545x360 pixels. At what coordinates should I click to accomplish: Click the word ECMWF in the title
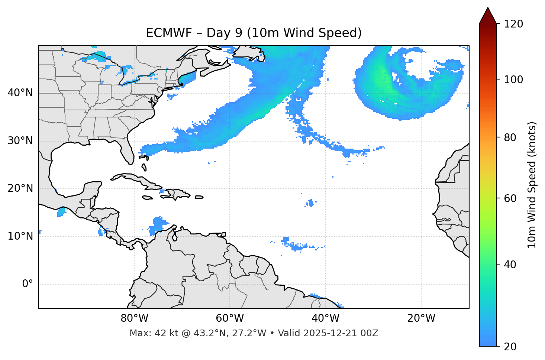coord(163,33)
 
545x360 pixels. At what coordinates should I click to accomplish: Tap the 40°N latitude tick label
coord(20,93)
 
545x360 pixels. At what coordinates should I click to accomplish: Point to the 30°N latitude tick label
coord(20,141)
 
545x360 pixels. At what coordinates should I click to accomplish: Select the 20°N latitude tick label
coord(20,188)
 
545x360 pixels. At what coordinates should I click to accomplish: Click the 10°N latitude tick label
coord(20,236)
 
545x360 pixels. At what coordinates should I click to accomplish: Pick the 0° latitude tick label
coord(27,284)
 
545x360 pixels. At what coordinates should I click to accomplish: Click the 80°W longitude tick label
coord(134,318)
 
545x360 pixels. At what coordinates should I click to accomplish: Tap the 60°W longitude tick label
coord(230,318)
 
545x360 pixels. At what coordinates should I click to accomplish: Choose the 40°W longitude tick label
coord(325,318)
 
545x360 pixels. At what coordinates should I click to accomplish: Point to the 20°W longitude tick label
coord(421,318)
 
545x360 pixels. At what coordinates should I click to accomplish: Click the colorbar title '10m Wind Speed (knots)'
coord(532,185)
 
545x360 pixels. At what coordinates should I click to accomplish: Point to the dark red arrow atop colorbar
coord(488,16)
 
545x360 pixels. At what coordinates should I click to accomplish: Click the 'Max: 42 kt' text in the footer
coord(154,333)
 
